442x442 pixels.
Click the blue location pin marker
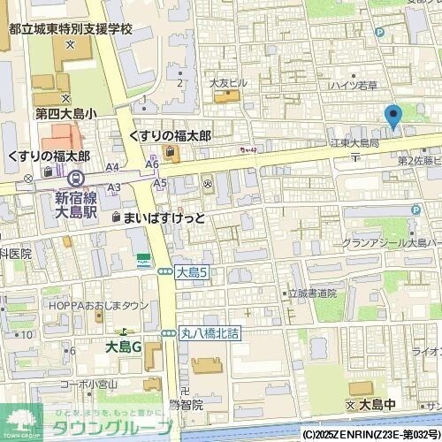pos(393,117)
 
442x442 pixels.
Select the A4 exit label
pos(112,166)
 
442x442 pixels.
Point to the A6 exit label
pos(152,164)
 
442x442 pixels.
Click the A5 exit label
pos(159,182)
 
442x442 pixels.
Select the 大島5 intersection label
pos(191,273)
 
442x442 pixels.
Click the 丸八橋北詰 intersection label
pos(210,333)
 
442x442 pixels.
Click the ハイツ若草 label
pos(353,86)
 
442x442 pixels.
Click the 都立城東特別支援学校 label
pos(71,29)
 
